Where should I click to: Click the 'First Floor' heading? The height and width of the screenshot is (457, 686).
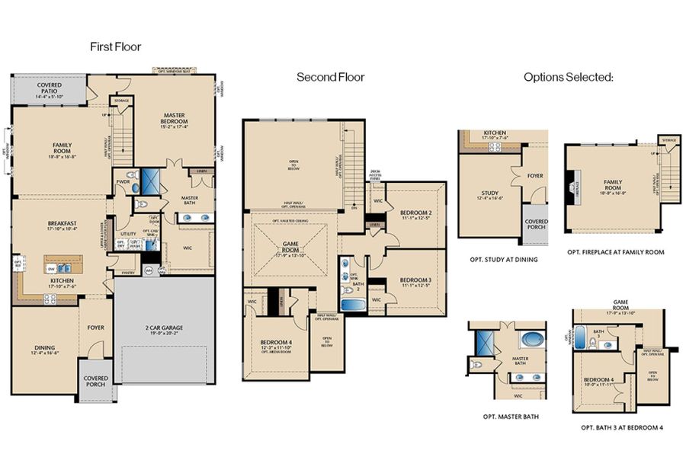tap(115, 46)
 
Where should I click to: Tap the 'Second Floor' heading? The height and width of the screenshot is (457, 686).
tap(330, 77)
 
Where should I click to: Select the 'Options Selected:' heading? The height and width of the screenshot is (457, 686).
tap(568, 77)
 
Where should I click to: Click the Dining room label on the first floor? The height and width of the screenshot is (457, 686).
tap(45, 350)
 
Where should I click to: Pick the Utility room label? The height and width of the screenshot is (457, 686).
tap(128, 235)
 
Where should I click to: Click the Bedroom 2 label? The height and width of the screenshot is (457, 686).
tap(416, 213)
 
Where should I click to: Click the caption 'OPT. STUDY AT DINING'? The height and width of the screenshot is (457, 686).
tap(504, 260)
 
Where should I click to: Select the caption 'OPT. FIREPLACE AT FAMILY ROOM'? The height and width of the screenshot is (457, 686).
tap(615, 251)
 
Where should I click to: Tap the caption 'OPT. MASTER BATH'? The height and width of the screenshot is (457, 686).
tap(507, 417)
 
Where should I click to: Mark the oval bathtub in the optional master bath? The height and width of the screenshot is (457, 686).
tap(527, 340)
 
